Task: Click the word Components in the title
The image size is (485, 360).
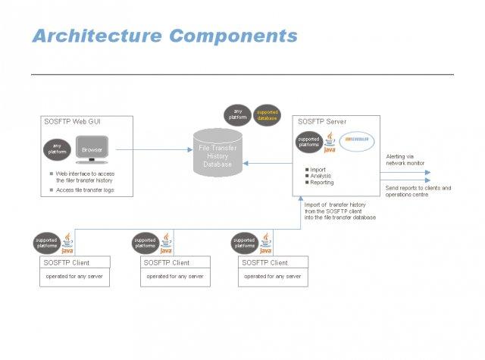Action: coord(233,36)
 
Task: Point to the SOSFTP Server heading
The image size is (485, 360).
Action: coord(324,121)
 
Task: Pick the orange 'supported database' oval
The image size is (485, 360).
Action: coord(266,115)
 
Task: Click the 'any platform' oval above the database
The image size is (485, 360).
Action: coord(237,115)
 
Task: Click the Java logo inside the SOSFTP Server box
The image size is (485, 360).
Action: coord(330,142)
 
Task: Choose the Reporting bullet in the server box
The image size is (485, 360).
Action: coord(321,183)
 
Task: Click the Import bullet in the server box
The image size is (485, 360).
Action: coord(318,170)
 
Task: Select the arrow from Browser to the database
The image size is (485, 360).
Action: coord(151,150)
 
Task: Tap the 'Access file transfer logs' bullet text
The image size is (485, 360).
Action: coord(85,190)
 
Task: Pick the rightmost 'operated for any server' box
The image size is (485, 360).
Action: coord(273,277)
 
